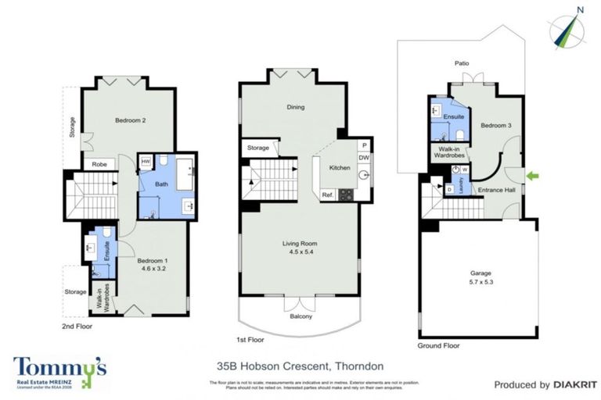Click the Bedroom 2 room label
coord(131,120)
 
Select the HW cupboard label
coord(146,162)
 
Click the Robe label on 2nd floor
coord(99,165)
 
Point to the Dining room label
coord(296,108)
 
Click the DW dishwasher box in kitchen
coord(364,158)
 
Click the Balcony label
coord(301,316)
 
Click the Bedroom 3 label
coord(496,125)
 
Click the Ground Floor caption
coord(439,345)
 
